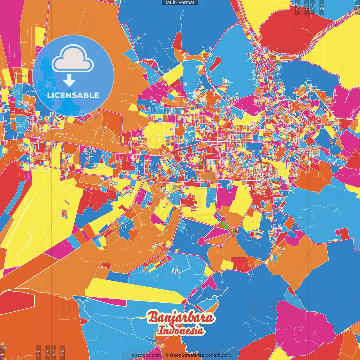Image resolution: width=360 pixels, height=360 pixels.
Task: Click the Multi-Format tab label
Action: pyautogui.click(x=180, y=3)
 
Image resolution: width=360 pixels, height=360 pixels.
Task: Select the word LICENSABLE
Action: pyautogui.click(x=73, y=95)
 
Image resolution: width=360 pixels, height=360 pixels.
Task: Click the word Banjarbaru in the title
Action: pyautogui.click(x=181, y=318)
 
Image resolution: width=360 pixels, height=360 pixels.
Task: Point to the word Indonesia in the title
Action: pyautogui.click(x=181, y=330)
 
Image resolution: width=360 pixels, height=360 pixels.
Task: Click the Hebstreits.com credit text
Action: pyautogui.click(x=145, y=355)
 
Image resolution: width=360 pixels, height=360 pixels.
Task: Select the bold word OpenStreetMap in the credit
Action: pyautogui.click(x=187, y=355)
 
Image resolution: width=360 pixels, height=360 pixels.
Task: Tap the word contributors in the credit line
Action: pyautogui.click(x=219, y=355)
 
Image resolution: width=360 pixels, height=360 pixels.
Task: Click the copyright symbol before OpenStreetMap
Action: pyautogui.click(x=167, y=355)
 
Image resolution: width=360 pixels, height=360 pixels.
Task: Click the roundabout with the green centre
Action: pyautogui.click(x=233, y=231)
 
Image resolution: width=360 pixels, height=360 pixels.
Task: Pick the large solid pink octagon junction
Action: pyautogui.click(x=201, y=241)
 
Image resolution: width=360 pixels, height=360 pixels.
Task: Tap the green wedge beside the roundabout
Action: pyautogui.click(x=224, y=225)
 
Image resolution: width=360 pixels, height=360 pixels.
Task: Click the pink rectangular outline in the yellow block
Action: pyautogui.click(x=193, y=209)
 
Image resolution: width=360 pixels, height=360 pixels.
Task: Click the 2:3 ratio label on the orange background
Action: pyautogui.click(x=62, y=352)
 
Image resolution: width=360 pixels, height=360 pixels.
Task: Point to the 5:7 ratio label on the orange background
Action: pyautogui.click(x=54, y=352)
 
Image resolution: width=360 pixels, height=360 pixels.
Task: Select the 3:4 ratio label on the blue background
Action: pyautogui.click(x=313, y=7)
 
